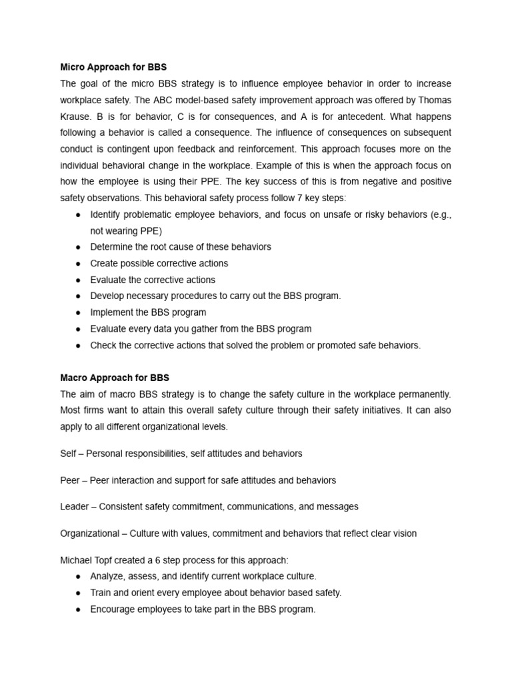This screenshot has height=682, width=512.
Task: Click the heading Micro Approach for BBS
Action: pos(113,67)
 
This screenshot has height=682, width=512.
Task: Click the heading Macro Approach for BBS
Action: pos(115,378)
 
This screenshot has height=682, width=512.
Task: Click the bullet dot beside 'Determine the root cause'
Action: pos(79,247)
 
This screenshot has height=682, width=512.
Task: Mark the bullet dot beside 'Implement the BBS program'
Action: pos(79,312)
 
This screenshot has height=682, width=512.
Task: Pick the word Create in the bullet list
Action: pos(105,263)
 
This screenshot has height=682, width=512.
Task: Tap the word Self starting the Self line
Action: pos(69,454)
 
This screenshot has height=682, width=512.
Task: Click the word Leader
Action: pos(74,506)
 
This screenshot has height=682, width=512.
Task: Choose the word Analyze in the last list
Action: pos(108,576)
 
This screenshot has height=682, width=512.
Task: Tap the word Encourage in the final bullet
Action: pos(113,609)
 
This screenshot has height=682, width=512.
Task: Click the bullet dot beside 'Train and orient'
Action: pos(79,593)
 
